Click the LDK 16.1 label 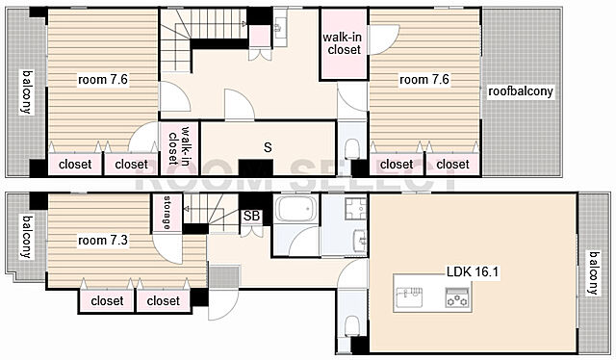click(x=473, y=271)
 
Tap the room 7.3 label click(x=103, y=240)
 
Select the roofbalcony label click(x=521, y=91)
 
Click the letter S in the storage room click(x=268, y=147)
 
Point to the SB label click(x=251, y=216)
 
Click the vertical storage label click(x=167, y=213)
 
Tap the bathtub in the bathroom click(x=296, y=209)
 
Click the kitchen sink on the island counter click(x=409, y=296)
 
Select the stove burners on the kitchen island click(x=457, y=296)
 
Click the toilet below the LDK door click(x=351, y=325)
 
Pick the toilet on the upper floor click(x=351, y=148)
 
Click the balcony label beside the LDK click(x=593, y=272)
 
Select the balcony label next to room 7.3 click(x=26, y=236)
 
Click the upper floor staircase click(x=203, y=35)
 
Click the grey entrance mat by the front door click(x=224, y=276)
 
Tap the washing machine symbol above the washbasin click(x=355, y=208)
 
